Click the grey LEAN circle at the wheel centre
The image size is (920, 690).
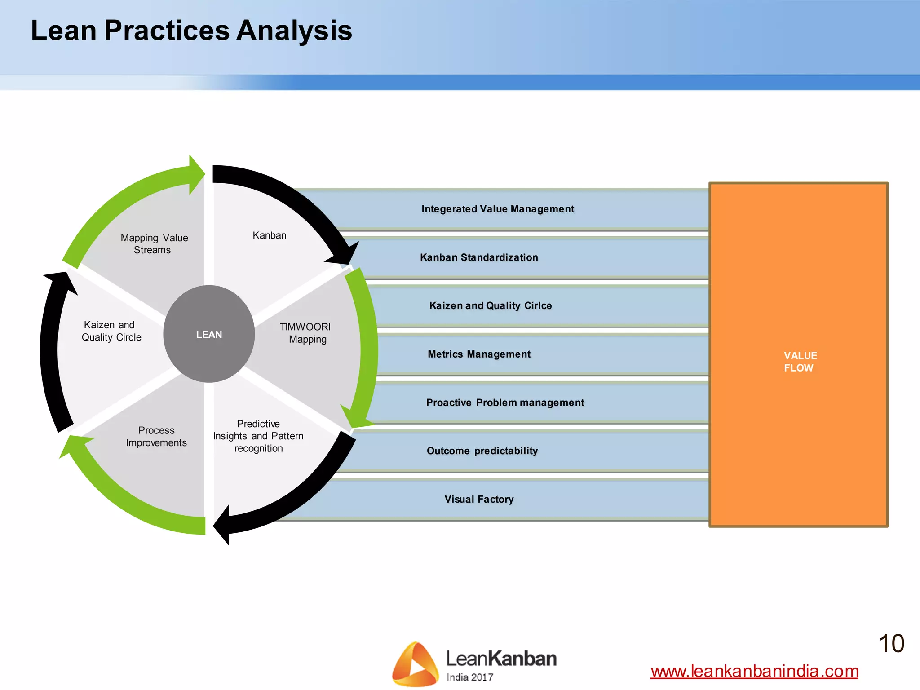tap(209, 334)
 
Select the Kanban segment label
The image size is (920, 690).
tap(269, 235)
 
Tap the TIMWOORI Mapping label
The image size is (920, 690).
tap(305, 333)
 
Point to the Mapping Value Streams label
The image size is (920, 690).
tap(154, 243)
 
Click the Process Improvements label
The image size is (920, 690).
tap(156, 436)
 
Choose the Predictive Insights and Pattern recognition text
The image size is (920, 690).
tap(258, 436)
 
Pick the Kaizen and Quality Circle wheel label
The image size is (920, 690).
tap(111, 331)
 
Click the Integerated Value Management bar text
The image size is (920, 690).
tap(497, 209)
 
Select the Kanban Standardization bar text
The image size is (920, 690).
tap(479, 257)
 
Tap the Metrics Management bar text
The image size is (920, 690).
tap(479, 354)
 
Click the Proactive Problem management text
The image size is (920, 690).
tap(505, 402)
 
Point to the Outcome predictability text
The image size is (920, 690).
tap(482, 451)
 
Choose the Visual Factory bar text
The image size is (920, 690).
tap(479, 499)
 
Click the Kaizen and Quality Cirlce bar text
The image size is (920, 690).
tap(490, 305)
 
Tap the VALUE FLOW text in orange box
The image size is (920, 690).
tap(800, 362)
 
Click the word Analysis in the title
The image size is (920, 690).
tap(294, 31)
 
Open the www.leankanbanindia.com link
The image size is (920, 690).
tap(754, 671)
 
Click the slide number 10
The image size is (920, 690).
tap(891, 643)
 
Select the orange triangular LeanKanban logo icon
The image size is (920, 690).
tap(415, 664)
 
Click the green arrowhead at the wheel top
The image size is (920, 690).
tap(196, 174)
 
